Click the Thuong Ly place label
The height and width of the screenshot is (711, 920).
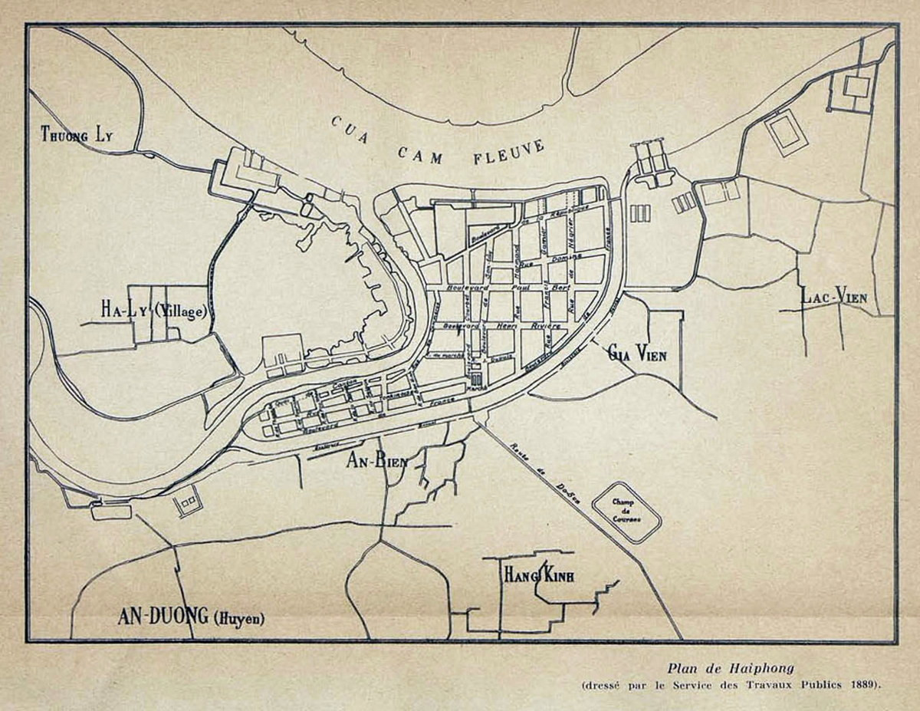(76, 136)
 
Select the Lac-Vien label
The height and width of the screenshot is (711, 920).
(834, 295)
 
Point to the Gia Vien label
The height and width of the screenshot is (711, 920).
(636, 354)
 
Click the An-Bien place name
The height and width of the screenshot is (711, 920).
(376, 460)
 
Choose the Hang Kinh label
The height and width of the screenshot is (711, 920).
(539, 575)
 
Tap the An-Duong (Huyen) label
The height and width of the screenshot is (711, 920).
(190, 617)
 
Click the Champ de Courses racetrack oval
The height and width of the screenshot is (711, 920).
(626, 512)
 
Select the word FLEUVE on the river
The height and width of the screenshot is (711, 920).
(509, 152)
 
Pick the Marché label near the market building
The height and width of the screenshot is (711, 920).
(477, 388)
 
